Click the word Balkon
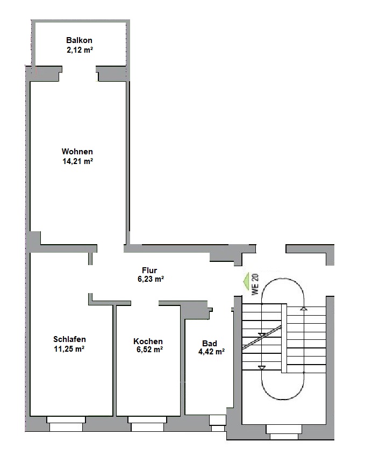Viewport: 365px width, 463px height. [79, 40]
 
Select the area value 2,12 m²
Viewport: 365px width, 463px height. [80, 49]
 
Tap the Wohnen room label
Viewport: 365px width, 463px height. [77, 152]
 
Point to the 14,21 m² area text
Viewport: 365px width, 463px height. [77, 161]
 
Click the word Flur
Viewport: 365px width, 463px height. [149, 270]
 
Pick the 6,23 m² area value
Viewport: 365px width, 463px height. [151, 279]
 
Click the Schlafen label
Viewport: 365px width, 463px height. [69, 339]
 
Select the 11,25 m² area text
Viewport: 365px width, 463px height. [69, 348]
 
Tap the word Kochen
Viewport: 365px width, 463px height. [148, 341]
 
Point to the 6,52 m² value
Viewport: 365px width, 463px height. [149, 350]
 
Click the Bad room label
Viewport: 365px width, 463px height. [210, 344]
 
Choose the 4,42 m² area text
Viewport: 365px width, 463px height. [211, 352]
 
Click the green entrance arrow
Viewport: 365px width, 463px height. [246, 281]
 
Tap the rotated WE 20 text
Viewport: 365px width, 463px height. [255, 284]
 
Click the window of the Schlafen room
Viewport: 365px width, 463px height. [66, 424]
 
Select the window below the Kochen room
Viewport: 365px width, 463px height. [147, 424]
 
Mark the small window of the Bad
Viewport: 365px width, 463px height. [218, 423]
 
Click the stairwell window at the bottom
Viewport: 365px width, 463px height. [284, 432]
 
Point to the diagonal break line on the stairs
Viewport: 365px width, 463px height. [262, 337]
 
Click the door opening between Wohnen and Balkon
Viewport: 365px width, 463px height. [79, 74]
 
